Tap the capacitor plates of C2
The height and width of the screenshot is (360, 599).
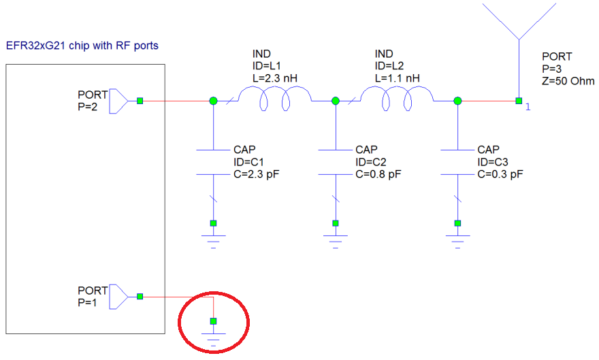pyautogui.click(x=335, y=161)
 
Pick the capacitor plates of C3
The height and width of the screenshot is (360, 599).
pyautogui.click(x=457, y=161)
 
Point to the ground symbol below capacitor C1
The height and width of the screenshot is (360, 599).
pyautogui.click(x=213, y=238)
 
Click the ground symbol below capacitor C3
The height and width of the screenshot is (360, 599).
pyautogui.click(x=457, y=238)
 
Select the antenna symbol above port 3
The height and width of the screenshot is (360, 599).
pyautogui.click(x=518, y=27)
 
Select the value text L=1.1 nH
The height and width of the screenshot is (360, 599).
pyautogui.click(x=398, y=78)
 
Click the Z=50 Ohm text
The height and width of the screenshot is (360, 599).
pyautogui.click(x=570, y=81)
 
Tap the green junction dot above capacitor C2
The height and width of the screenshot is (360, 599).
pyautogui.click(x=335, y=101)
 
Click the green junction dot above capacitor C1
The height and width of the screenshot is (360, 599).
pyautogui.click(x=213, y=101)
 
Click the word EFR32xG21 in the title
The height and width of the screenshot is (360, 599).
pyautogui.click(x=33, y=46)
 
